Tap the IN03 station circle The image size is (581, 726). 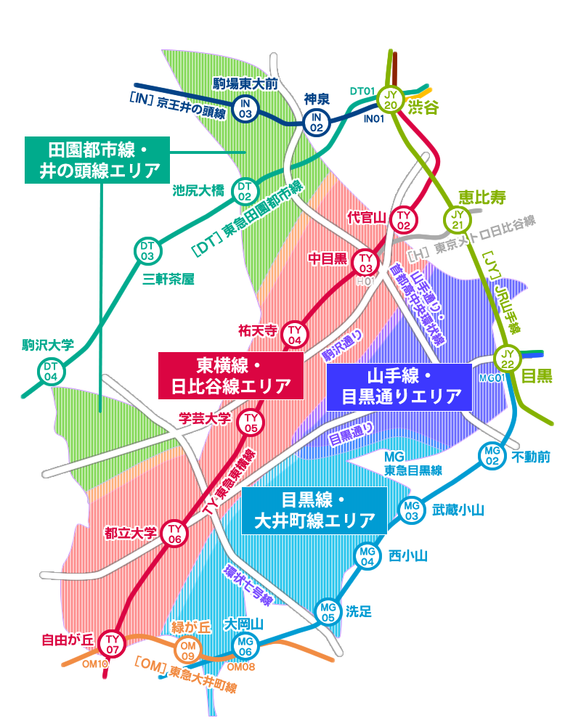(246, 109)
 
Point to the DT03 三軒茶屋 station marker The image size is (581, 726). (148, 251)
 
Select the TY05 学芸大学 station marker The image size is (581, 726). (251, 423)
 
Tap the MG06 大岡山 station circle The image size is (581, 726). (245, 643)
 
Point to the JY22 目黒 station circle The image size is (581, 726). (508, 358)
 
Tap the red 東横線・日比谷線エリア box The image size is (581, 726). (231, 375)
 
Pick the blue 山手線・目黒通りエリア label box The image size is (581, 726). (399, 386)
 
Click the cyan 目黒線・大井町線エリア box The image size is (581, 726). (314, 510)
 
